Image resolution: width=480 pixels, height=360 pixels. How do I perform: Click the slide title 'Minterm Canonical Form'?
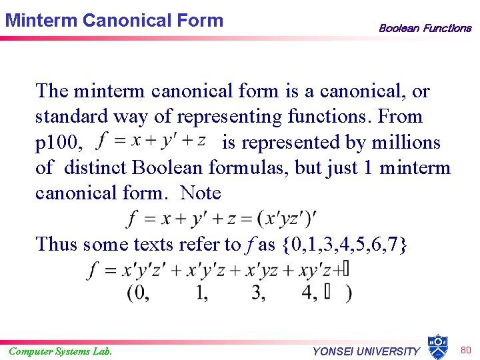[x=114, y=20]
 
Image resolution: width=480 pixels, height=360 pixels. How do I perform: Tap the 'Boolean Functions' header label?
[x=425, y=28]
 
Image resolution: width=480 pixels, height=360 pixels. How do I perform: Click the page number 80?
[x=466, y=349]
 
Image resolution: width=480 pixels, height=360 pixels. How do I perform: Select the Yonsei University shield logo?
[x=437, y=347]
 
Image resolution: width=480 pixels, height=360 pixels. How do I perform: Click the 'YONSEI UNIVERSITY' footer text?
[x=366, y=351]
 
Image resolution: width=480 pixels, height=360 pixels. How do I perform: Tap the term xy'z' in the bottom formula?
[x=315, y=270]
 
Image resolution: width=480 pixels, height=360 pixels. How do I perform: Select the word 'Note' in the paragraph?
[x=201, y=193]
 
